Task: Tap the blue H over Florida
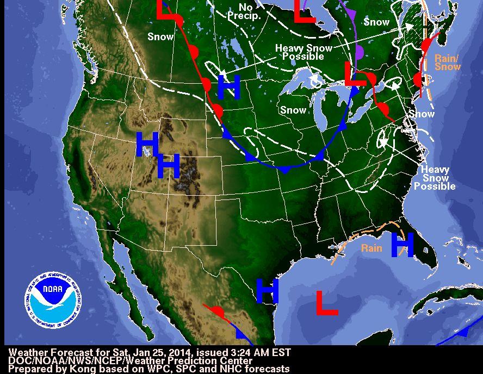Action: pos(402,245)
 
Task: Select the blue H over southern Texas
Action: pos(267,291)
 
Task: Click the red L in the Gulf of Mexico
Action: pos(327,302)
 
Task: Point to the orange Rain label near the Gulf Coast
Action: pos(371,248)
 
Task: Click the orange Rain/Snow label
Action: pos(448,62)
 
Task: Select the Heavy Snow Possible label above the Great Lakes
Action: pos(303,52)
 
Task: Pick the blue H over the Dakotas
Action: pos(229,87)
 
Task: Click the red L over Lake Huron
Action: pos(355,73)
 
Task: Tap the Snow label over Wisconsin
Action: pos(293,110)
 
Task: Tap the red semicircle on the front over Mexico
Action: pos(218,311)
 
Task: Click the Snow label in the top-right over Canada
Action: pos(376,22)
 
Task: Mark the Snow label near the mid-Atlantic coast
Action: pos(422,114)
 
